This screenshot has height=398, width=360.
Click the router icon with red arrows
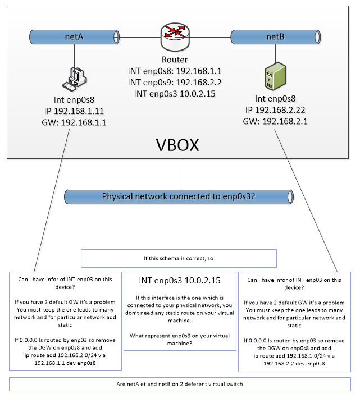pos(175,37)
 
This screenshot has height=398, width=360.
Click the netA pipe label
pos(74,37)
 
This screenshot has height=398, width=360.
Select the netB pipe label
pos(275,37)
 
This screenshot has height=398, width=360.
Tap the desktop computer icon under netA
pos(75,79)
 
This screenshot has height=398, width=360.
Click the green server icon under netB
pos(276,76)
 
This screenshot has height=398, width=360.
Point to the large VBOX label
pos(177,145)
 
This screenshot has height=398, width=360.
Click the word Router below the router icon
pos(175,60)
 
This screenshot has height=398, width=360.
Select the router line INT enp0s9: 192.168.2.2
pos(175,83)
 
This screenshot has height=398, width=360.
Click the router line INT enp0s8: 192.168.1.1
pos(175,71)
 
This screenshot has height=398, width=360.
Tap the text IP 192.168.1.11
pos(74,111)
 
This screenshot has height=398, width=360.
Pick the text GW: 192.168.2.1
pos(275,121)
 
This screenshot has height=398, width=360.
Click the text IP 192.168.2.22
pos(275,110)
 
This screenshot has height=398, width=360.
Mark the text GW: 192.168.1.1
pos(74,122)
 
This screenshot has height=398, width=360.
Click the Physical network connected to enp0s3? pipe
pos(179,196)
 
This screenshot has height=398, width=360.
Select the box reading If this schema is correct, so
pos(179,258)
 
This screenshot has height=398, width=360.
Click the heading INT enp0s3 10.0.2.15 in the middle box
pos(180,281)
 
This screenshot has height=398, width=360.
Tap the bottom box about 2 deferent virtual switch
pos(180,384)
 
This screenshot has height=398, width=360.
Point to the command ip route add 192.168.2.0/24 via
pos(65,355)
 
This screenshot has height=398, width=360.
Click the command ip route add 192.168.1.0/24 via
pos(294,356)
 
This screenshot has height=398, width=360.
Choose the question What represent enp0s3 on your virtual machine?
pos(180,340)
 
